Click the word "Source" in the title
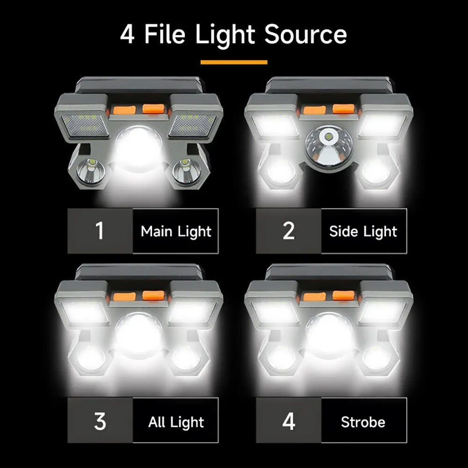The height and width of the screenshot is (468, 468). click(305, 35)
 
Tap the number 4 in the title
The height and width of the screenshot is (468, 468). click(127, 35)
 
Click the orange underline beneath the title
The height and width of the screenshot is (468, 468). click(234, 62)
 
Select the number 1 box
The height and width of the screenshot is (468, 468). click(100, 231)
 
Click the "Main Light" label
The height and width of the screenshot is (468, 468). click(176, 231)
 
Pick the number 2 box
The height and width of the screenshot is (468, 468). click(289, 231)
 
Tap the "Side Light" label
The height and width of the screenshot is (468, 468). click(363, 231)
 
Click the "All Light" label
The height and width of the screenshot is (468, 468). click(176, 422)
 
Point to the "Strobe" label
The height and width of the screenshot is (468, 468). click(363, 422)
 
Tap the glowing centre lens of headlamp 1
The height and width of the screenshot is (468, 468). click(139, 147)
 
